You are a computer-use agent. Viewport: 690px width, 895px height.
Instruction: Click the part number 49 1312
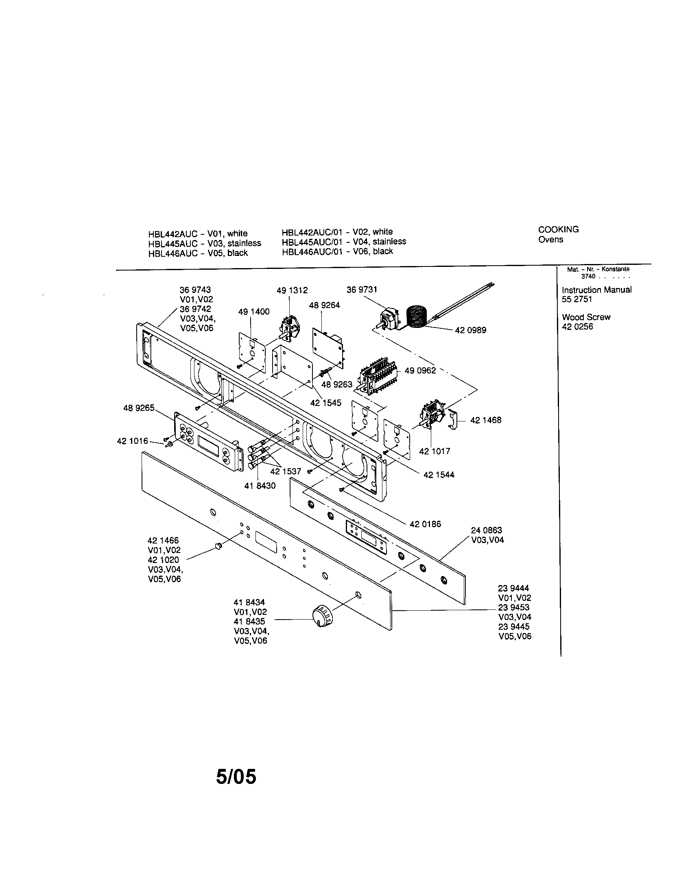pos(292,290)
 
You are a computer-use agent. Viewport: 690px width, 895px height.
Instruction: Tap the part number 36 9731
pos(362,290)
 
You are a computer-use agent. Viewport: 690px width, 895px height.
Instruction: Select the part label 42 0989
pos(470,330)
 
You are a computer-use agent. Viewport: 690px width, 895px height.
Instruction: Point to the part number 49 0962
pos(420,371)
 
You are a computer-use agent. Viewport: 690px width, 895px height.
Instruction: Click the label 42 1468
pos(485,420)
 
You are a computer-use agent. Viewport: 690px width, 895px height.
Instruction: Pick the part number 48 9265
pos(139,408)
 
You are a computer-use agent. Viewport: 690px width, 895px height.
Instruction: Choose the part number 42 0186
pos(425,524)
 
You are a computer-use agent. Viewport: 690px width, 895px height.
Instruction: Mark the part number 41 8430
pos(260,486)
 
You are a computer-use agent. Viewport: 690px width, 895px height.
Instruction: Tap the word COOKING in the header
pos(558,229)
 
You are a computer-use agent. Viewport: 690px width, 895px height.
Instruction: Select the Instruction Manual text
pos(596,290)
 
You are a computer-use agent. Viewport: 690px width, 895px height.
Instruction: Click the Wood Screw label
pos(586,317)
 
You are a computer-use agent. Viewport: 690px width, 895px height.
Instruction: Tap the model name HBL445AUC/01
pos(312,242)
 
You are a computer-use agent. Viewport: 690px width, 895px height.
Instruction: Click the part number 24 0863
pos(486,530)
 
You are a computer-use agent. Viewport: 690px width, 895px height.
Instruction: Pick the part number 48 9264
pos(324,305)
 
